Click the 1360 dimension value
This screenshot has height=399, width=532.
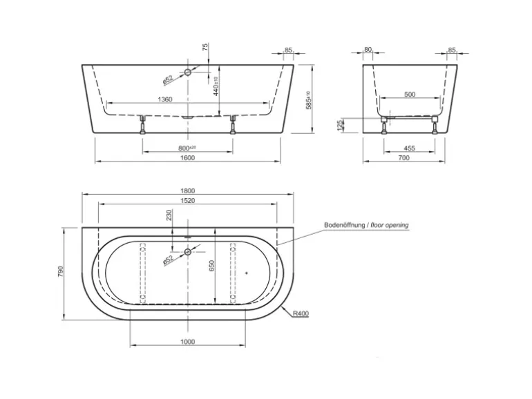point(164,99)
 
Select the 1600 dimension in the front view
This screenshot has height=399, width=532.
point(188,157)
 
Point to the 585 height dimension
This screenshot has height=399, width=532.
point(310,101)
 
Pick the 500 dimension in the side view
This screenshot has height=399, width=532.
point(410,95)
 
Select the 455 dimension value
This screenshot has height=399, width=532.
point(410,148)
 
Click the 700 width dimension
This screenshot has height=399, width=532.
point(404,157)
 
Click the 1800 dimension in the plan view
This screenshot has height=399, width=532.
point(188,191)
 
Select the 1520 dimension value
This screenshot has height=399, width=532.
point(188,200)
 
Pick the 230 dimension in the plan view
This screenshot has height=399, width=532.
point(169,216)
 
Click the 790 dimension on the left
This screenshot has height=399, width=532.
point(60,273)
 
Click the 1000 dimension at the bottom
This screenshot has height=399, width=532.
point(188,342)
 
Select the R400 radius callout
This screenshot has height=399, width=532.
point(301,313)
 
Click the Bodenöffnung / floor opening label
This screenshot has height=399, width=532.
point(366,225)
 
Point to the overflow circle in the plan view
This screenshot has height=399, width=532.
point(187,252)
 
